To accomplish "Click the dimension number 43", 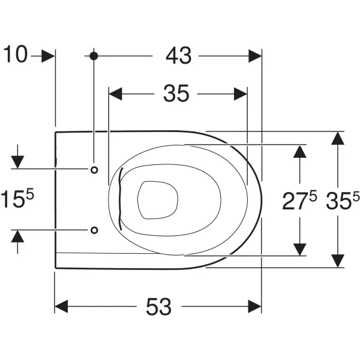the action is tap(179, 56).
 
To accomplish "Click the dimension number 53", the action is tap(158, 306).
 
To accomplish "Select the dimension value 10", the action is tap(16, 54).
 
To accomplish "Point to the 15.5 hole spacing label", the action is tap(17, 198).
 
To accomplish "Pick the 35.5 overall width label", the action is tap(343, 200).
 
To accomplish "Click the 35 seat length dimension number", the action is tap(176, 94).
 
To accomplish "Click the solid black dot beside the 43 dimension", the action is tap(94, 56).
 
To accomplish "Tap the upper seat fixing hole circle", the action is tap(94, 170).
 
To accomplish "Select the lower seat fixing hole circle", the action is tap(94, 230).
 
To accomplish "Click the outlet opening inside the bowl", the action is tap(158, 200).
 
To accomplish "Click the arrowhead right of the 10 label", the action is tap(48, 56).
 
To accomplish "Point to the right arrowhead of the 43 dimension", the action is tap(255, 56).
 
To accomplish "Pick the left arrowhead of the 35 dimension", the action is tap(115, 94).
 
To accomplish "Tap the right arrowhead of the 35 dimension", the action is tap(241, 94).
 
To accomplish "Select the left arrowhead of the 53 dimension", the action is tap(61, 306).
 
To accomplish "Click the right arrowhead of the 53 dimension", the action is tap(255, 306).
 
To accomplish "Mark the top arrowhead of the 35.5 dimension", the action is tap(338, 138).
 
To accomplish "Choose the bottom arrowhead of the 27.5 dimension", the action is tap(300, 249).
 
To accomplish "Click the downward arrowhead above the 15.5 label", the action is tap(17, 162).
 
